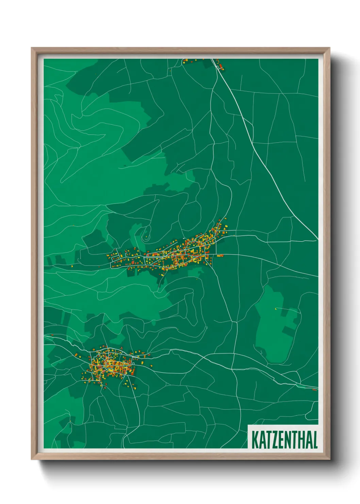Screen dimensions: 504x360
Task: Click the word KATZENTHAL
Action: coord(284,440)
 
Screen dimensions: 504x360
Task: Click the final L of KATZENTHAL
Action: coord(315,440)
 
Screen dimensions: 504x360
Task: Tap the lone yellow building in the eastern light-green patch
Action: coord(276,309)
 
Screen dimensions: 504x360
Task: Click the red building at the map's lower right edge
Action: coord(314,390)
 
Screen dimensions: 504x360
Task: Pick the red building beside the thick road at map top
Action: coord(220,66)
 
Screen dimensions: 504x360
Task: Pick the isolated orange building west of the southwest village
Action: coord(52,335)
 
